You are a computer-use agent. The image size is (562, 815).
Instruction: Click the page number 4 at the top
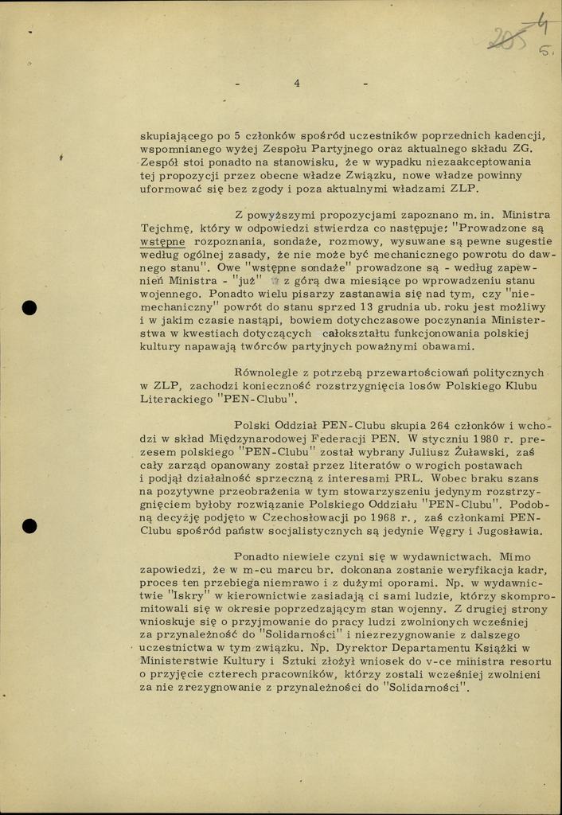coord(296,83)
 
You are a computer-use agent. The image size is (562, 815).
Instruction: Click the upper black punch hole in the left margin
coord(30,307)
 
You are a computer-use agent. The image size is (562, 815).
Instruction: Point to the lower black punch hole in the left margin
coord(30,525)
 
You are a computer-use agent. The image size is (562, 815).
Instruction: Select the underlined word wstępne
coord(162,240)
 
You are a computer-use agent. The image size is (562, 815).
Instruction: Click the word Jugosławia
coord(507,532)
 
